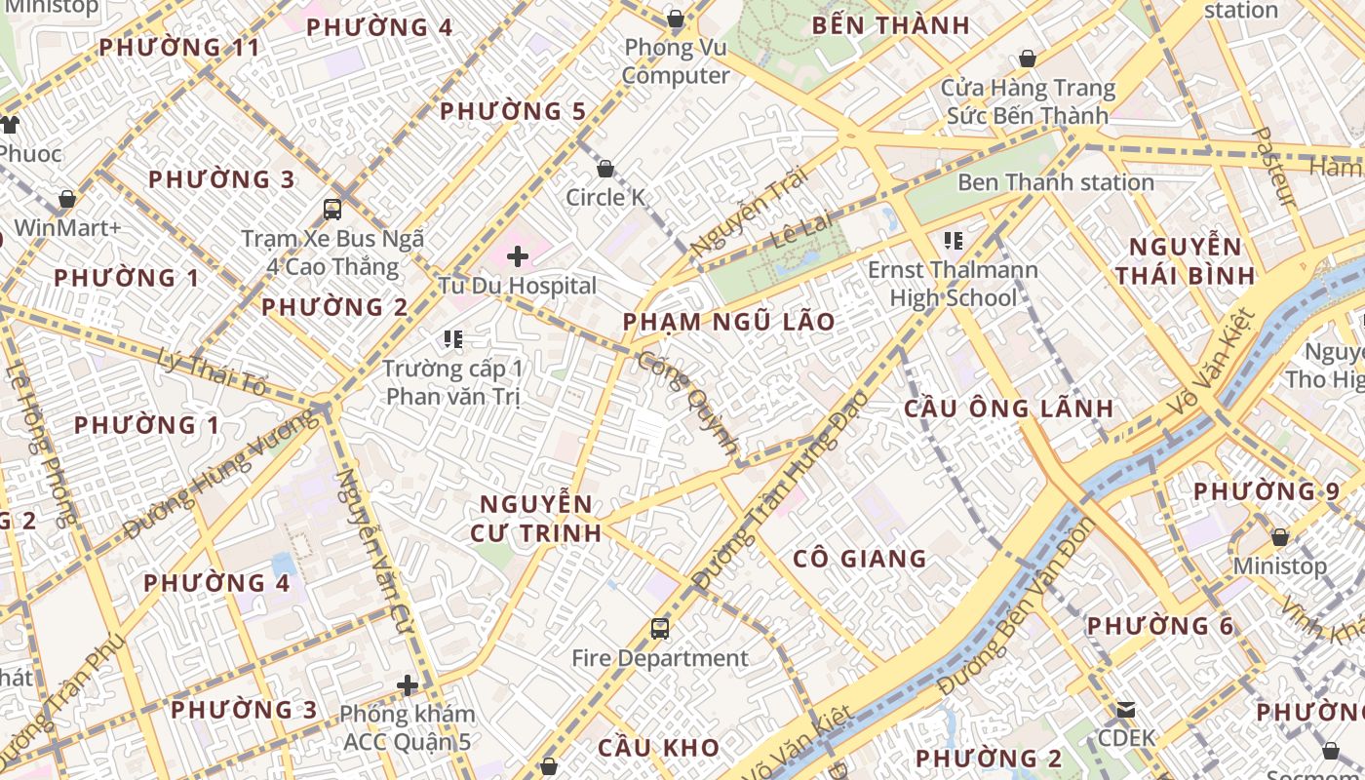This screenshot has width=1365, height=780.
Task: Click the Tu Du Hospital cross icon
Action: coord(518,256)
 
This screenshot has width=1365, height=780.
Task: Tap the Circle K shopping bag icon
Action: coord(605,169)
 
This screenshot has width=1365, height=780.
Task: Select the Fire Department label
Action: coord(660,658)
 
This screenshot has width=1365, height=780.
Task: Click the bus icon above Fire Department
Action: coord(660,628)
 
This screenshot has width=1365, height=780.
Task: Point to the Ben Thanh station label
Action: coord(1056,182)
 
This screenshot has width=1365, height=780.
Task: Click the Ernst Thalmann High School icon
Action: coord(953,240)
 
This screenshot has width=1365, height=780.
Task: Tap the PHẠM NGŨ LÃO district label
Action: coord(729,322)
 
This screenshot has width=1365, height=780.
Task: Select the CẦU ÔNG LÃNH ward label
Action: coord(1008,408)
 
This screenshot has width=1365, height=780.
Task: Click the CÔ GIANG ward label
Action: coord(859,559)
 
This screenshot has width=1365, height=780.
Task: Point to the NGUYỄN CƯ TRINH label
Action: coord(536,519)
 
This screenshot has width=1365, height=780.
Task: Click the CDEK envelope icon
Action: coord(1126,709)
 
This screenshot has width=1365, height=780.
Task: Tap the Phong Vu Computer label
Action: coord(676,61)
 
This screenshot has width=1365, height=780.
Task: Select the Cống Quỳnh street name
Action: coord(686,401)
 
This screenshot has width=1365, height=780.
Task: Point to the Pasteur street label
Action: coord(1273,167)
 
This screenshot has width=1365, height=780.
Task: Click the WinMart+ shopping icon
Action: coord(67,199)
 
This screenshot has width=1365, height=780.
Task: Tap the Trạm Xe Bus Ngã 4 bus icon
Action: coord(332,209)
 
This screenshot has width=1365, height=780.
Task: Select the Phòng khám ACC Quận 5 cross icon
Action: coord(408,686)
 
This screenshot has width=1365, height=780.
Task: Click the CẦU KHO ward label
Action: coord(658,749)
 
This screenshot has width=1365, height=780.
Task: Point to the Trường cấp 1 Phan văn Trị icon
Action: coord(452,339)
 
